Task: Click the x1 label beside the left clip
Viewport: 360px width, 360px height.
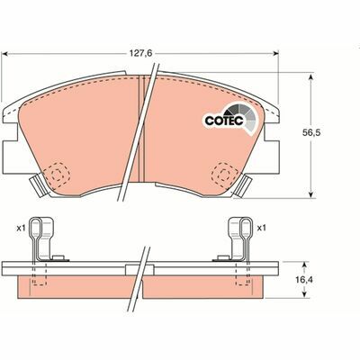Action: coord(20,229)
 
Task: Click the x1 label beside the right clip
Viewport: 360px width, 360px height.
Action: coord(262,229)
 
